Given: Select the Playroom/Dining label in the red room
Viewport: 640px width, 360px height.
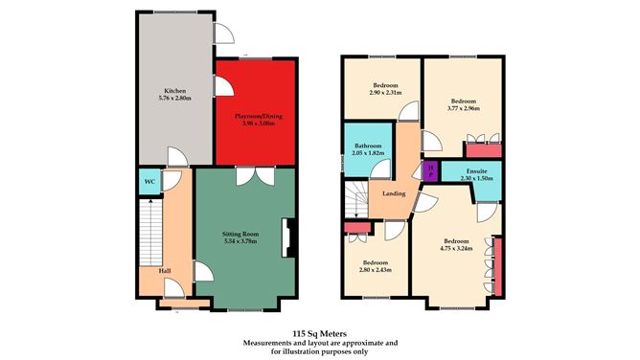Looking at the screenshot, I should (255, 115).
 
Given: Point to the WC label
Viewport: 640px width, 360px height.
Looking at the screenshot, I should (149, 180).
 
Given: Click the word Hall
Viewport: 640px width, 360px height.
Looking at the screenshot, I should (165, 271).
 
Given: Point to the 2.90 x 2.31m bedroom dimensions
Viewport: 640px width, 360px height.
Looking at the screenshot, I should (385, 94).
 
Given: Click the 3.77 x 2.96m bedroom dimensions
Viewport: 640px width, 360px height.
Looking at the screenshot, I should (464, 107).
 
